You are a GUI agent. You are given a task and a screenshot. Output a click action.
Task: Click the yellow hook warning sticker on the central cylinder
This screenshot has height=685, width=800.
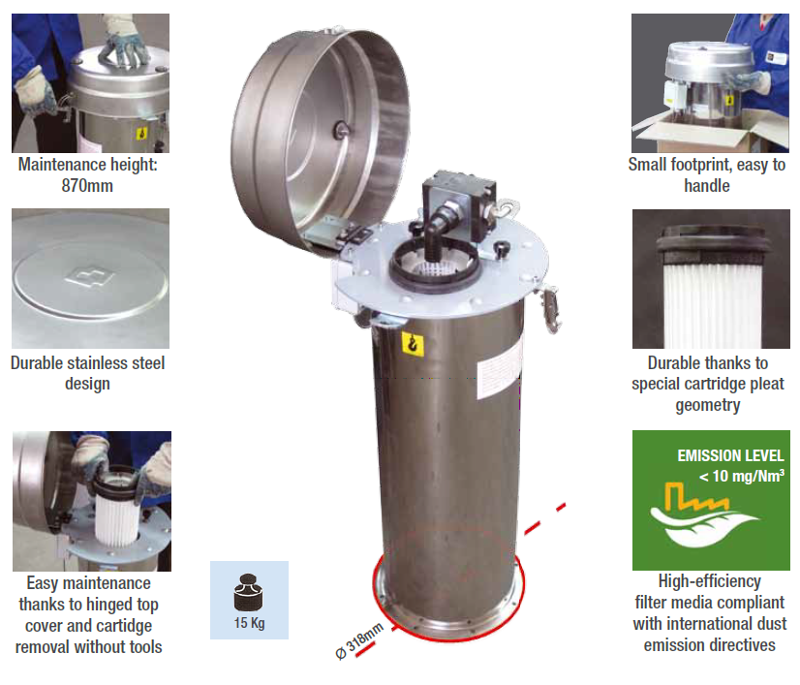[413, 344]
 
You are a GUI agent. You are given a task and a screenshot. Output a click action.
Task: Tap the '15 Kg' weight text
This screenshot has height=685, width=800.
[250, 623]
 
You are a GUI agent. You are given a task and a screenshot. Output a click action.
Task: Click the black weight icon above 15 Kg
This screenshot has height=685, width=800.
[249, 593]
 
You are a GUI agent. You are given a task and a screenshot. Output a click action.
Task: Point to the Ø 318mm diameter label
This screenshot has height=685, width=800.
[359, 641]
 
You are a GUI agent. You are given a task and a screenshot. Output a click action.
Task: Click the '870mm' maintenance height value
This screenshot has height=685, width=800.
[87, 186]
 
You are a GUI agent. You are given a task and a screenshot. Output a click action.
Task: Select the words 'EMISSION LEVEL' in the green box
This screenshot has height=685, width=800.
[730, 455]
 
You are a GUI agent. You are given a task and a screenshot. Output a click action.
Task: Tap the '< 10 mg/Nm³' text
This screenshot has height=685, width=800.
[741, 476]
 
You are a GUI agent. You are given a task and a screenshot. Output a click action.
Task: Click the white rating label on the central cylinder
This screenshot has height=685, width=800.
[500, 366]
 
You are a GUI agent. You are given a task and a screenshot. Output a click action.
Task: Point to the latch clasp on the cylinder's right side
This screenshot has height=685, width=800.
[550, 309]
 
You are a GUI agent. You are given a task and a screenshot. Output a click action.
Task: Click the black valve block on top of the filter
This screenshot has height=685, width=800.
[458, 204]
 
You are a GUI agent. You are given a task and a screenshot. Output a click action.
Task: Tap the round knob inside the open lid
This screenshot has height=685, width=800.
[341, 130]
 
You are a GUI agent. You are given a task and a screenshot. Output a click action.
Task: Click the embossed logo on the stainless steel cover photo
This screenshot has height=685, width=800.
[90, 277]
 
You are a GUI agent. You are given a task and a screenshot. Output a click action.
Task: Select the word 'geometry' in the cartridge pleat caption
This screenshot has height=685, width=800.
[708, 405]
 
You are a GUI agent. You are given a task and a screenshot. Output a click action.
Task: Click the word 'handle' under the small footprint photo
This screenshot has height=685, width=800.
[707, 186]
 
